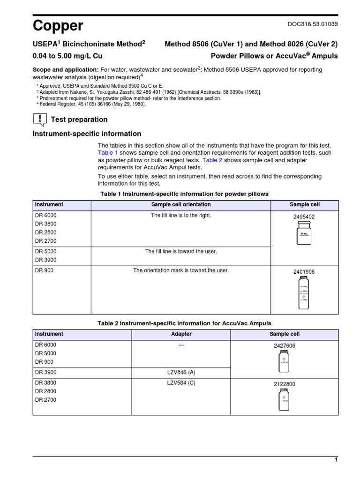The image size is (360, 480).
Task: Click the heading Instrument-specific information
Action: click(x=87, y=134)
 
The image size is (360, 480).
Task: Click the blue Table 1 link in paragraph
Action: click(x=108, y=153)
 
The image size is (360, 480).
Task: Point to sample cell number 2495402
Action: click(x=304, y=217)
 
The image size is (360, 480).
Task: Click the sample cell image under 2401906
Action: click(x=304, y=293)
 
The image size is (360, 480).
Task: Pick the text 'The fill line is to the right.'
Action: click(x=181, y=215)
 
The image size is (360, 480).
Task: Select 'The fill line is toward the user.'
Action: click(x=181, y=252)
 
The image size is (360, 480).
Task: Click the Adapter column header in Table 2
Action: click(x=181, y=334)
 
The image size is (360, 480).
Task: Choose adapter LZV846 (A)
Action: click(x=181, y=372)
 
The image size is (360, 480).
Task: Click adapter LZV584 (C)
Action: click(x=181, y=382)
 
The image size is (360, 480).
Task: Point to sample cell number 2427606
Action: click(x=285, y=346)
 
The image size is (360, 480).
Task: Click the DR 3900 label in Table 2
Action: click(x=45, y=372)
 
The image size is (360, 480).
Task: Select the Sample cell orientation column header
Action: click(x=181, y=205)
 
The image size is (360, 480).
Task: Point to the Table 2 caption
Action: click(x=184, y=323)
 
